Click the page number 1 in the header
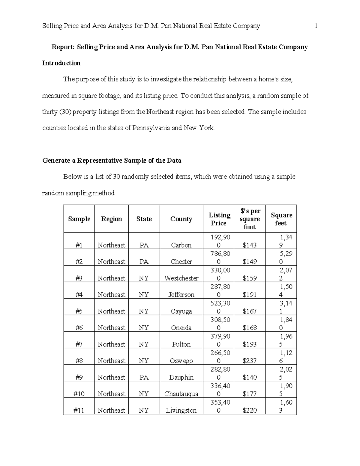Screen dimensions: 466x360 [x=316, y=26]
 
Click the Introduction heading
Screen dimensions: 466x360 [x=61, y=63]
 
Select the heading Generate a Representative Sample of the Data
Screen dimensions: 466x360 [x=112, y=161]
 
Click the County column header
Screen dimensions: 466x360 [x=181, y=219]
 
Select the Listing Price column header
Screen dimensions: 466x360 [x=219, y=219]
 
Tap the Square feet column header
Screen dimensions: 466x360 [x=281, y=219]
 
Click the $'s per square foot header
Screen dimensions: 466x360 [x=250, y=219]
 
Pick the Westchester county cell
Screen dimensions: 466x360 [x=181, y=278]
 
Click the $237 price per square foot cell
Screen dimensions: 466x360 [x=250, y=361]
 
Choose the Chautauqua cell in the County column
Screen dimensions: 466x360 [x=181, y=394]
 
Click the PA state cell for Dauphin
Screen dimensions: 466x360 [x=144, y=377]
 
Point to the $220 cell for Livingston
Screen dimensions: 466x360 [x=250, y=410]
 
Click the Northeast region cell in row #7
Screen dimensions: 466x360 [x=111, y=344]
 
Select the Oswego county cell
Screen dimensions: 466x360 [x=181, y=361]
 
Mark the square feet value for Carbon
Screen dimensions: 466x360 [x=285, y=241]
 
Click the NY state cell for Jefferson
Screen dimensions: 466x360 [x=144, y=295]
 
